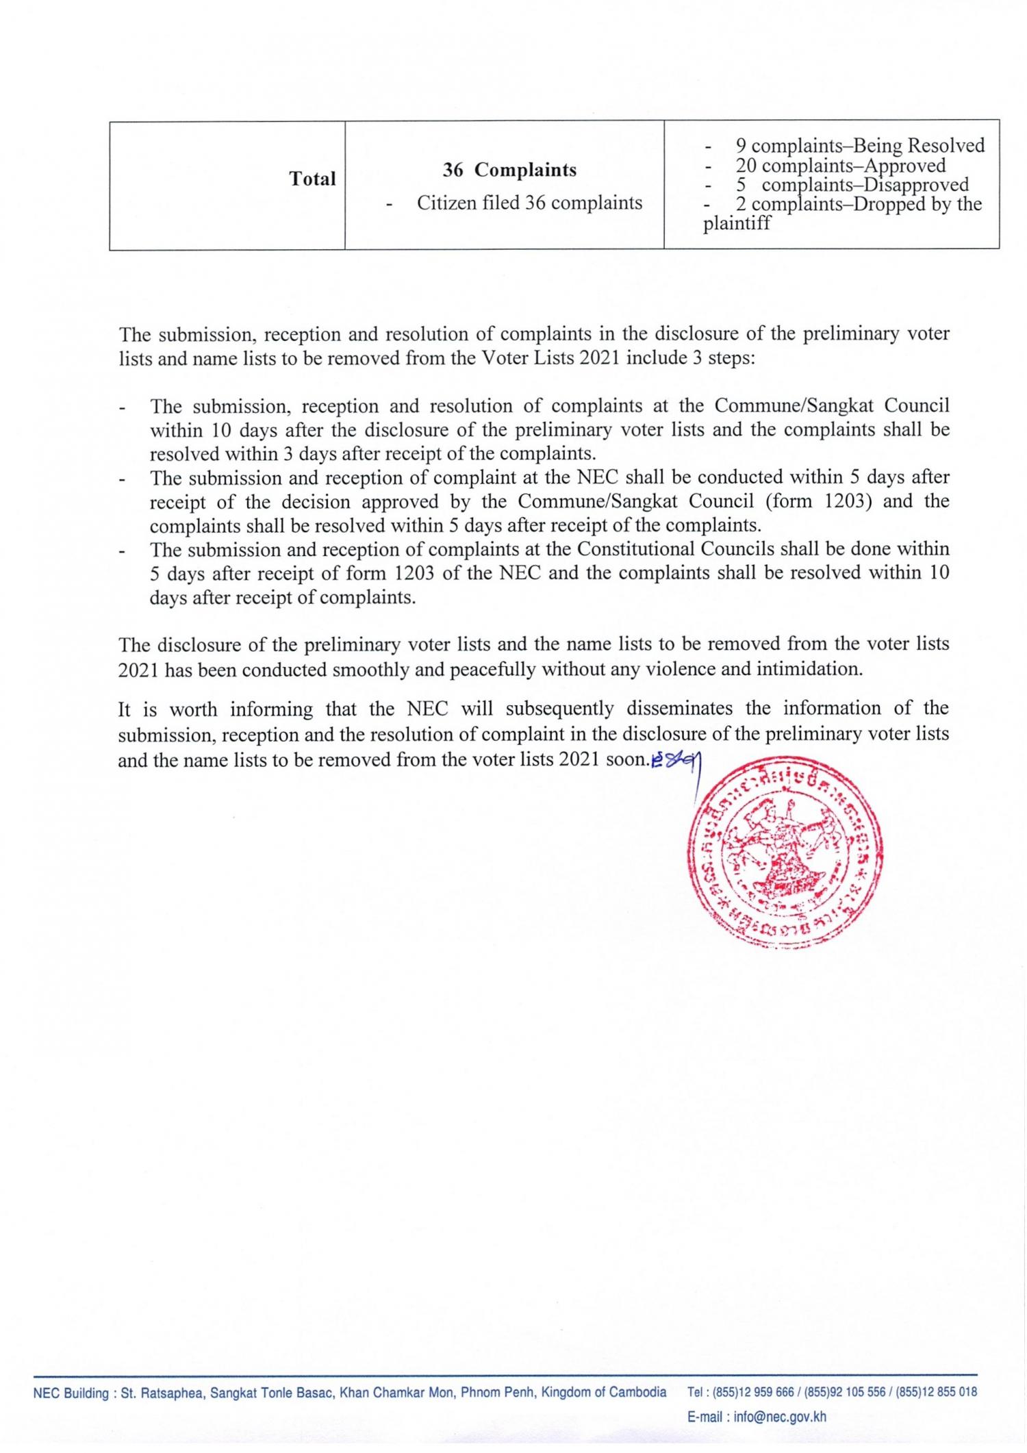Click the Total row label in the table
click(312, 179)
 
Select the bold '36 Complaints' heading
click(509, 170)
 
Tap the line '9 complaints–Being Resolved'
click(859, 145)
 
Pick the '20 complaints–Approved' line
click(840, 165)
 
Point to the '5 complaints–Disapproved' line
click(852, 185)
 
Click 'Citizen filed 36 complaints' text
click(529, 203)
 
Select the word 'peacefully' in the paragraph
click(492, 669)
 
